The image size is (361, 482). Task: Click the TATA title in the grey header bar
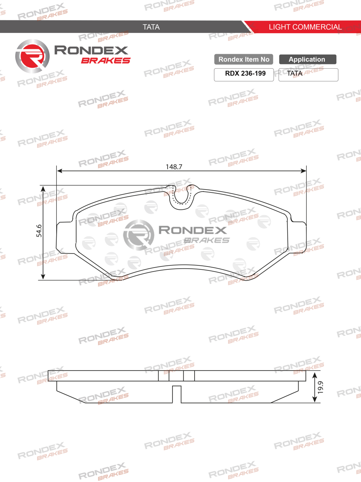[x=151, y=27]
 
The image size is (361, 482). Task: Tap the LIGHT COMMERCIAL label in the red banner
[x=305, y=27]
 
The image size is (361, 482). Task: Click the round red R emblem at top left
[x=32, y=56]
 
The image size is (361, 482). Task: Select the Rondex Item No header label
[x=244, y=59]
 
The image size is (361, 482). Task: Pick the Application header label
[x=307, y=59]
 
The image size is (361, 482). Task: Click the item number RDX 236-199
[x=245, y=73]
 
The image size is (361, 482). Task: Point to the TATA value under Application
[x=295, y=73]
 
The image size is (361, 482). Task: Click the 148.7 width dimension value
[x=174, y=167]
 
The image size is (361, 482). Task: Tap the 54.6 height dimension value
[x=39, y=231]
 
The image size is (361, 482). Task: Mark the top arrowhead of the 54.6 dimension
[x=43, y=189]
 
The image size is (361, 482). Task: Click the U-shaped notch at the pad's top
[x=181, y=197]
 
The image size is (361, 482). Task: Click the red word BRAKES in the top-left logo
[x=105, y=61]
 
